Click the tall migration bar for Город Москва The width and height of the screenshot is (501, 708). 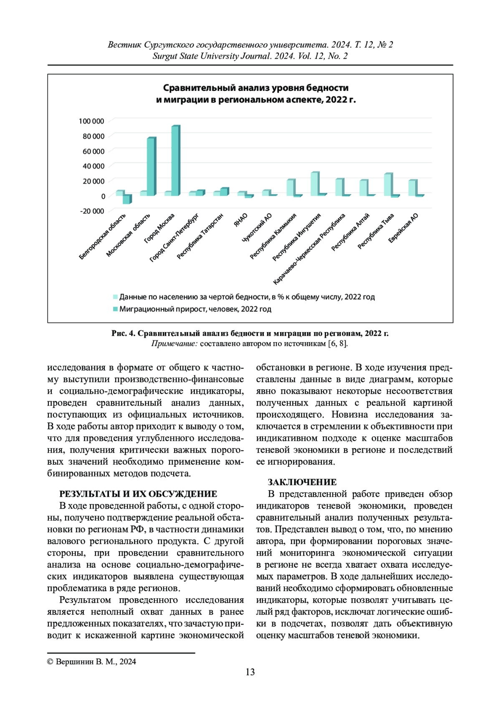click(176, 161)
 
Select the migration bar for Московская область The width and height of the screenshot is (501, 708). click(151, 167)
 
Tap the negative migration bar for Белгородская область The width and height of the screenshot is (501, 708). click(127, 199)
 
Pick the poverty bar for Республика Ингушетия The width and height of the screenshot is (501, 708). click(315, 184)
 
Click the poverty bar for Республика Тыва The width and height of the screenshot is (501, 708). click(388, 185)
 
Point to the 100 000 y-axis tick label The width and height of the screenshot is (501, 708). click(91, 121)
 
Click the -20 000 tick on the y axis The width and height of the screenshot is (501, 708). click(92, 211)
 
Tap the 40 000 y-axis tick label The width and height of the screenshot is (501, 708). click(94, 166)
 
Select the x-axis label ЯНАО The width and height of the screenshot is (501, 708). click(241, 220)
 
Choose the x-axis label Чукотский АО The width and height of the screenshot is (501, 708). click(257, 228)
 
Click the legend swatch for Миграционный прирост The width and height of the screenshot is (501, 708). click(115, 309)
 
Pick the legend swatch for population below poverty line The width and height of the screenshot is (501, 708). click(115, 297)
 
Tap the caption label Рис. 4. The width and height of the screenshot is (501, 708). click(123, 333)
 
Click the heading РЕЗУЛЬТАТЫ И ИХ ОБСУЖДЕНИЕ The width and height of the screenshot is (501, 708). click(138, 494)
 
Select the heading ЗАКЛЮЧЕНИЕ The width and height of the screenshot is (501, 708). click(302, 482)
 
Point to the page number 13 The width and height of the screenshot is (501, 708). click(250, 672)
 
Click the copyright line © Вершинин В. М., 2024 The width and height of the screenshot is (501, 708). click(91, 662)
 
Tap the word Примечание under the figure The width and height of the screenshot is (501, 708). click(174, 344)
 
